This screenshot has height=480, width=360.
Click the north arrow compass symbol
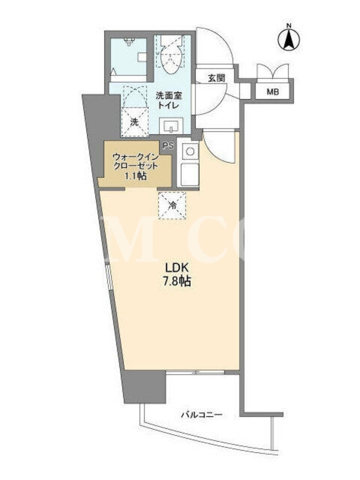pyautogui.click(x=289, y=40)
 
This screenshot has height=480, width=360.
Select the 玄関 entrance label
pyautogui.click(x=217, y=78)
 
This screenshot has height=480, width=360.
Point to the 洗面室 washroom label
pyautogui.click(x=169, y=96)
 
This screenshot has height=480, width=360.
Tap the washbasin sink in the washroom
pyautogui.click(x=171, y=126)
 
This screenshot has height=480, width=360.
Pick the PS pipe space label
pyautogui.click(x=168, y=146)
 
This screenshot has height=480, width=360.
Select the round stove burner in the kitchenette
pyautogui.click(x=190, y=151)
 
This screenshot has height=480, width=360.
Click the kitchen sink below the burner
pyautogui.click(x=190, y=174)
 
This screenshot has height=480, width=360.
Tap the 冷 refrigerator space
pyautogui.click(x=172, y=205)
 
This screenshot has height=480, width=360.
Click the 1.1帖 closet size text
pyautogui.click(x=134, y=176)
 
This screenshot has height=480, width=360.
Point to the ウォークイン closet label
pyautogui.click(x=136, y=157)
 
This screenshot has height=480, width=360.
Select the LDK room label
pyautogui.click(x=176, y=268)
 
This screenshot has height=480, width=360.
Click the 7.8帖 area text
pyautogui.click(x=176, y=281)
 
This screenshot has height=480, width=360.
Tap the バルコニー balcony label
pyautogui.click(x=202, y=415)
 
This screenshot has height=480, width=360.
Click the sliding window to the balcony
pyautogui.click(x=196, y=372)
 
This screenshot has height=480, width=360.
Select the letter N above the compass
pyautogui.click(x=289, y=26)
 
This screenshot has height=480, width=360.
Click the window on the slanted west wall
pyautogui.click(x=110, y=277)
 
